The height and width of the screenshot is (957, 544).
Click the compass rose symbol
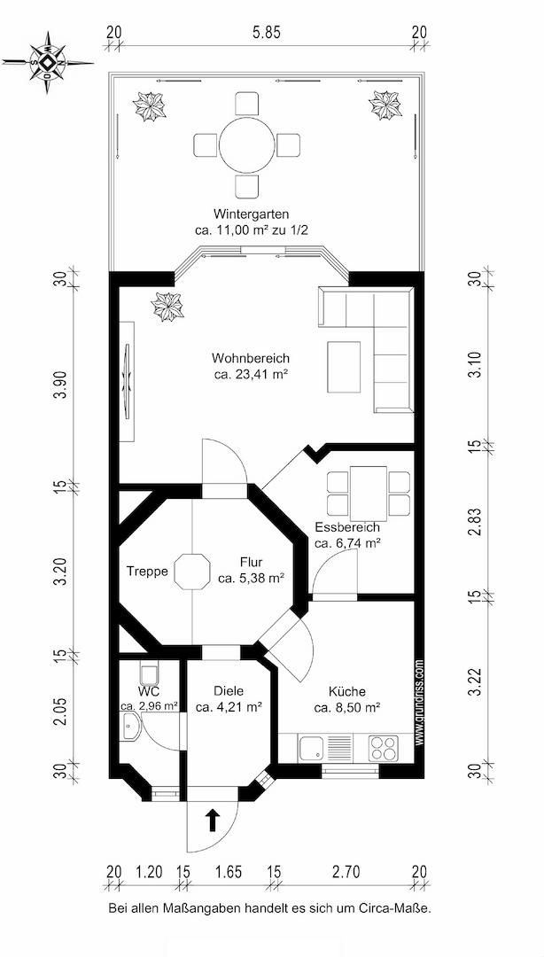pos(48,62)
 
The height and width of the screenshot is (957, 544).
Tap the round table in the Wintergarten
pos(247,144)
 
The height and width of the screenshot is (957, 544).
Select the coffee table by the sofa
pos(344,367)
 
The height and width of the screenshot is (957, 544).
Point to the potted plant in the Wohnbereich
pos(168,307)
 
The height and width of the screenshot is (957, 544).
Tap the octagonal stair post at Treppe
pos(192,572)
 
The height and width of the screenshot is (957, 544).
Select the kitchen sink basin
pos(311,747)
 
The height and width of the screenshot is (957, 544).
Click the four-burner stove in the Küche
pos(383,747)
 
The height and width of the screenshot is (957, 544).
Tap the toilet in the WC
pos(150,673)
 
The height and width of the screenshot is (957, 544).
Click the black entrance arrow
pos(212,820)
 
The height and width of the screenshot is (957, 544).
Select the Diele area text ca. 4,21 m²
pos(229,707)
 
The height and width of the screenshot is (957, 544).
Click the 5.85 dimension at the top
pos(266,34)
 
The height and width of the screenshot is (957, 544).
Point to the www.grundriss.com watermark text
pos(419,701)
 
